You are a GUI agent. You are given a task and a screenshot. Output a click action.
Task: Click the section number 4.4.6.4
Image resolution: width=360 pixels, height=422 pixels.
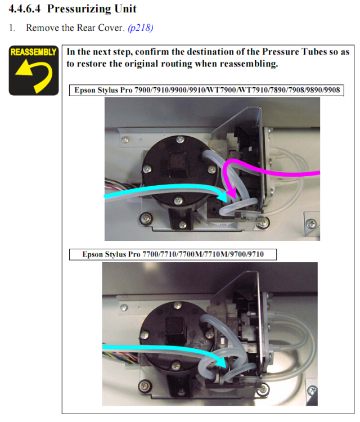[25, 8]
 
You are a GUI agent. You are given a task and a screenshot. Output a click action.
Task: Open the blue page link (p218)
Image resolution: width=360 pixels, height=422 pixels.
[141, 28]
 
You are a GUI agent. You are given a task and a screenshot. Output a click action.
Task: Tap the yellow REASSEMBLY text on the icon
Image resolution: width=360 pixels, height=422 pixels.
[34, 52]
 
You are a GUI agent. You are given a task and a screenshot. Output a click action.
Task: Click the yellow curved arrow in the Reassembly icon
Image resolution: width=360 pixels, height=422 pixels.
[35, 74]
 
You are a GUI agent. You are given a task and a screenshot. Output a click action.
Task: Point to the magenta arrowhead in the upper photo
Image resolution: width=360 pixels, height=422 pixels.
[231, 192]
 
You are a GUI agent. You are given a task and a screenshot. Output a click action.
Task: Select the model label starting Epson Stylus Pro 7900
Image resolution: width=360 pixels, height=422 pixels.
[207, 90]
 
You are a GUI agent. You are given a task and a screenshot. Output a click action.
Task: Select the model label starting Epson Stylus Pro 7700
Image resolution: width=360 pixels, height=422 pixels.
[173, 254]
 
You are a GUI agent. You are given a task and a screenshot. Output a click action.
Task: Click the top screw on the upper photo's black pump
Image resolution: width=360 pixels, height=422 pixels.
[180, 140]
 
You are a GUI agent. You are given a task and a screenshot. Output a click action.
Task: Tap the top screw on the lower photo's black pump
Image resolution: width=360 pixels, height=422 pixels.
[177, 305]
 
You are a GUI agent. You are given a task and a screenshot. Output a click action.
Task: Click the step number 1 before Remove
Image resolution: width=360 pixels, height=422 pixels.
[11, 28]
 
